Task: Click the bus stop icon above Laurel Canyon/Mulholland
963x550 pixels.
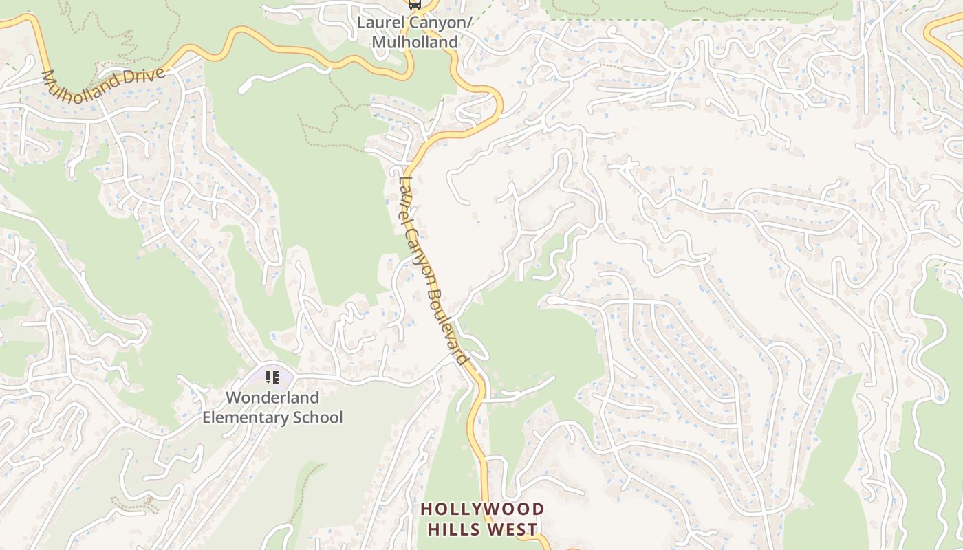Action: [414, 4]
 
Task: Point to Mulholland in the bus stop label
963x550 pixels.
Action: [415, 42]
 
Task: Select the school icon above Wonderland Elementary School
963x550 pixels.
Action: [272, 377]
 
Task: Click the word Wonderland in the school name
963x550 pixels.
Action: [272, 397]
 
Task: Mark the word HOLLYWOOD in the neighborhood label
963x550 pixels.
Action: [482, 509]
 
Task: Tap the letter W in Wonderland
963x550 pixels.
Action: [233, 397]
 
